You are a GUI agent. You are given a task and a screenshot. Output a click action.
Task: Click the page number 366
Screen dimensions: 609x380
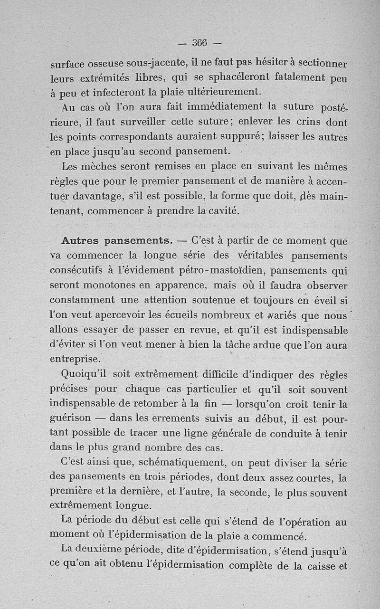coord(199,43)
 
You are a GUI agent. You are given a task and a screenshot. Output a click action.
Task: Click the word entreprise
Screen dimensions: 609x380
coord(75,359)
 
